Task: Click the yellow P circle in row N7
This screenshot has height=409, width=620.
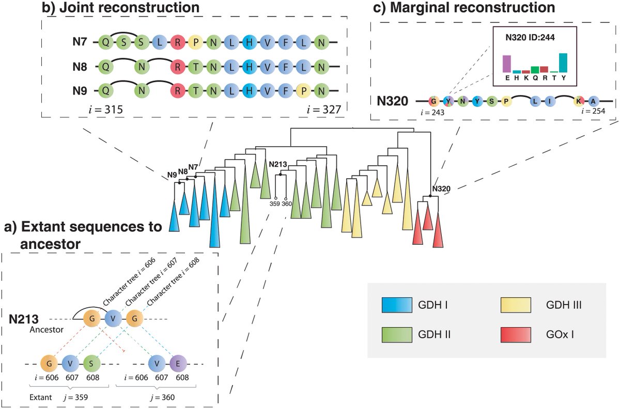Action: (196, 42)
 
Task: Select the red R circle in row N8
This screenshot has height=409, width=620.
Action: (178, 67)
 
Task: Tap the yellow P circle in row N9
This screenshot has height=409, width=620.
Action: (304, 91)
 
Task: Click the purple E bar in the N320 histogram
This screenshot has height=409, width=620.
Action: (507, 64)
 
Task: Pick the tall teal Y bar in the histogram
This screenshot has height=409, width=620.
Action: (563, 63)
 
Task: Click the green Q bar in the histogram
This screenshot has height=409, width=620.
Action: (535, 70)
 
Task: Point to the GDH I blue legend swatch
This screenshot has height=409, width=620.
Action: (397, 305)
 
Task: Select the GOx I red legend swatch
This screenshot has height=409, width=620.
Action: (516, 335)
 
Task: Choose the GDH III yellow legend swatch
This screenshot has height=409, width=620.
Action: (516, 305)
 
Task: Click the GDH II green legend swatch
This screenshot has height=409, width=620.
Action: (397, 335)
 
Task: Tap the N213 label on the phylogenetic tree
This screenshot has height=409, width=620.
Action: (278, 164)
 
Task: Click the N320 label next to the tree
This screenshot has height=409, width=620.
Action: (441, 188)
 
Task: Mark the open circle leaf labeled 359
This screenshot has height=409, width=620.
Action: (276, 198)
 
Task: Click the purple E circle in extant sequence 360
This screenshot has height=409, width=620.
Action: (178, 364)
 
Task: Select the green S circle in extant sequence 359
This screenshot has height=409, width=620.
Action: (91, 364)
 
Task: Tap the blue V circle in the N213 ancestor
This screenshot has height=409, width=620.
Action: (113, 318)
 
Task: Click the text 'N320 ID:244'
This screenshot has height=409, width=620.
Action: (530, 37)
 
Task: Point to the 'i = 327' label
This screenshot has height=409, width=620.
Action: (324, 110)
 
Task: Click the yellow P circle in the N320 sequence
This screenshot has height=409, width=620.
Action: (506, 101)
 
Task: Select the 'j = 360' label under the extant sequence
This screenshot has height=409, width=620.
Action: (162, 398)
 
